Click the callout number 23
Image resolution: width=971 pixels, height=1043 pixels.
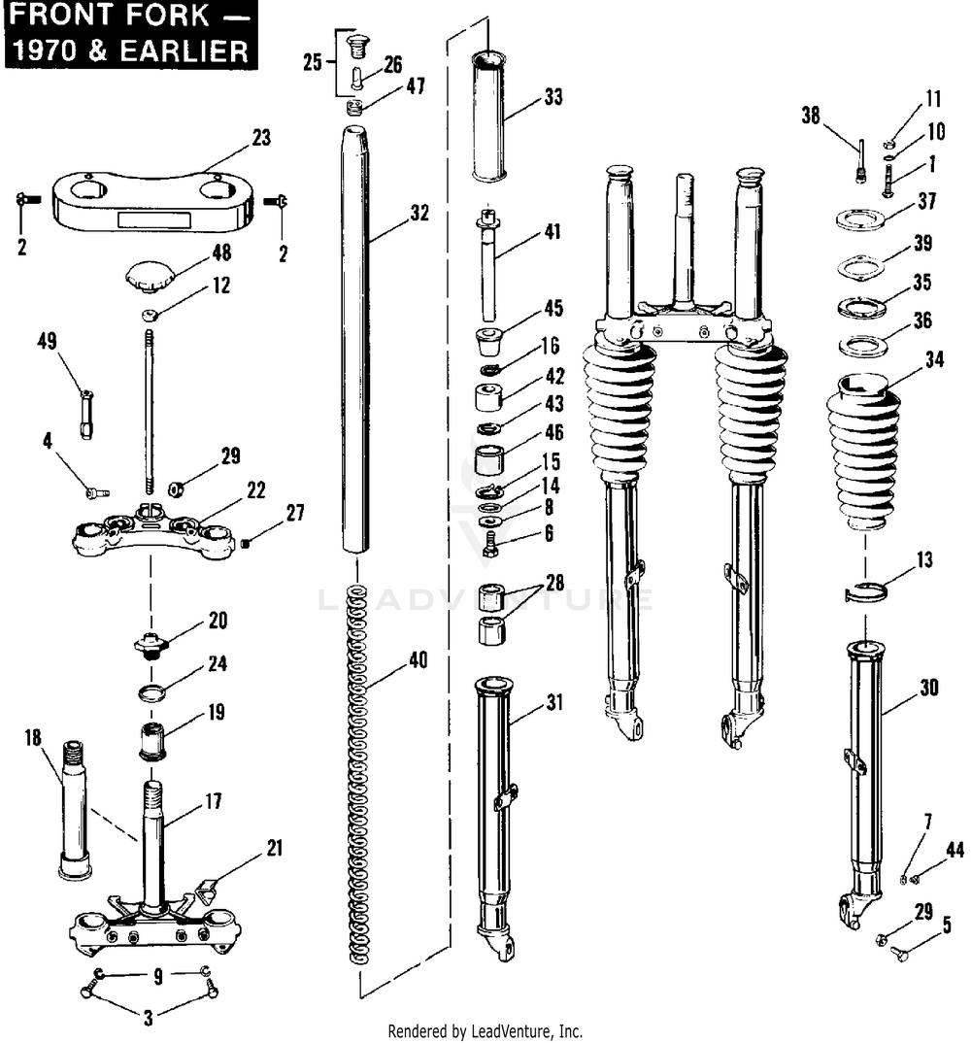[x=260, y=138]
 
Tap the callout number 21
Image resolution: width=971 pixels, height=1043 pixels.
[x=274, y=848]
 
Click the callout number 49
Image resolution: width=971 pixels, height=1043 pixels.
[x=47, y=341]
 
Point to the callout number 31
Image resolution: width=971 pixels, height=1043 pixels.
[x=553, y=700]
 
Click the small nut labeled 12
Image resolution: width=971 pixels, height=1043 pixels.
[x=149, y=315]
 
